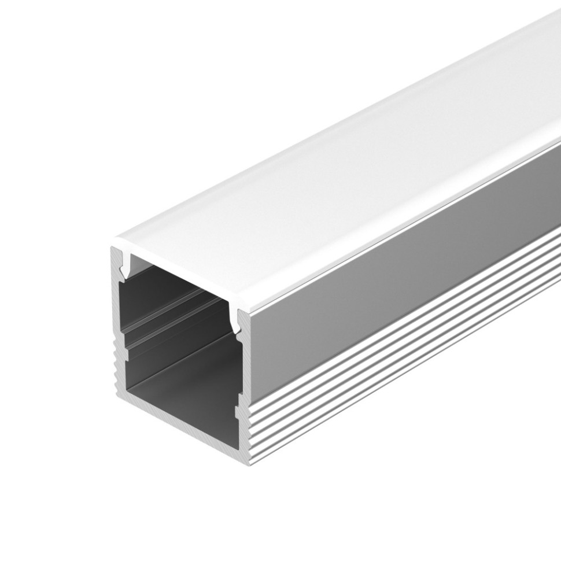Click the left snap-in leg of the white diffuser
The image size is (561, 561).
123,267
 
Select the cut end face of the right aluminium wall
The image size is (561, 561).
244,376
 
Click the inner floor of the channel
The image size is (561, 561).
185,376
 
